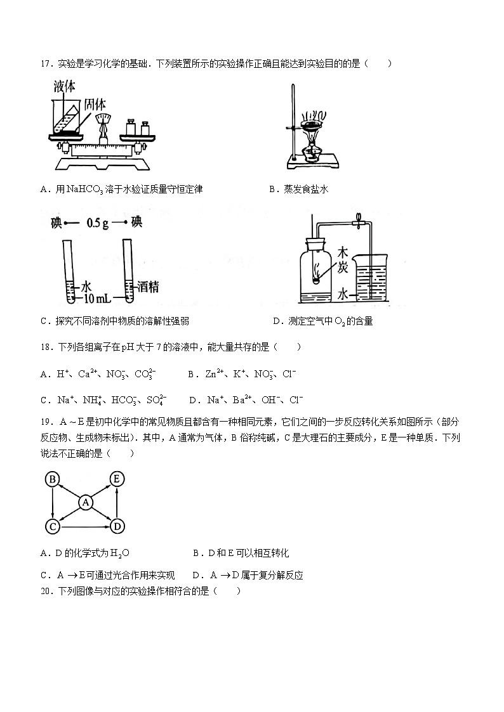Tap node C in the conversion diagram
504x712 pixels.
tap(53, 526)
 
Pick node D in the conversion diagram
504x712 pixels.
tap(116, 526)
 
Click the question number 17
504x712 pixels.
tap(45, 63)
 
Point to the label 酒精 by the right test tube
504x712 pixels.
tap(147, 287)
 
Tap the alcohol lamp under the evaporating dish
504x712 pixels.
tap(310, 153)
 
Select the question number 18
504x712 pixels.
tap(45, 347)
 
